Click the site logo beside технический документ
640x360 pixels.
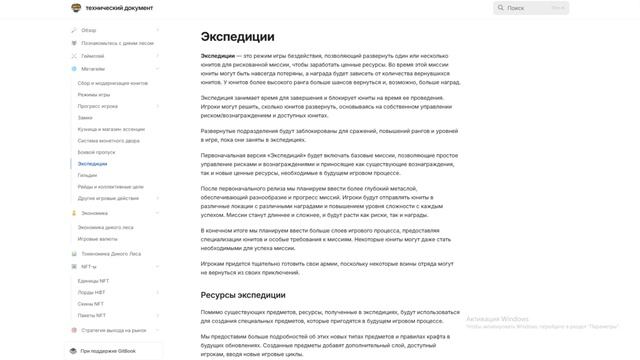(x=76, y=8)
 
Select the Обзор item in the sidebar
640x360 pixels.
(x=89, y=30)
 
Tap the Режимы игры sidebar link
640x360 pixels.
(x=96, y=94)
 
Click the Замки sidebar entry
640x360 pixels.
(x=87, y=118)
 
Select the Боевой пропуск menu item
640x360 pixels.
(x=98, y=152)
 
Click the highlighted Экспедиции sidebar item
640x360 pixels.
(x=92, y=163)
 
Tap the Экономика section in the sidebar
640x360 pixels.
(x=95, y=213)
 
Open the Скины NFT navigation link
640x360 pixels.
(x=93, y=303)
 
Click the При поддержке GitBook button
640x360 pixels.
(x=111, y=351)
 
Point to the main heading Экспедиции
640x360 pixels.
(x=238, y=37)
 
